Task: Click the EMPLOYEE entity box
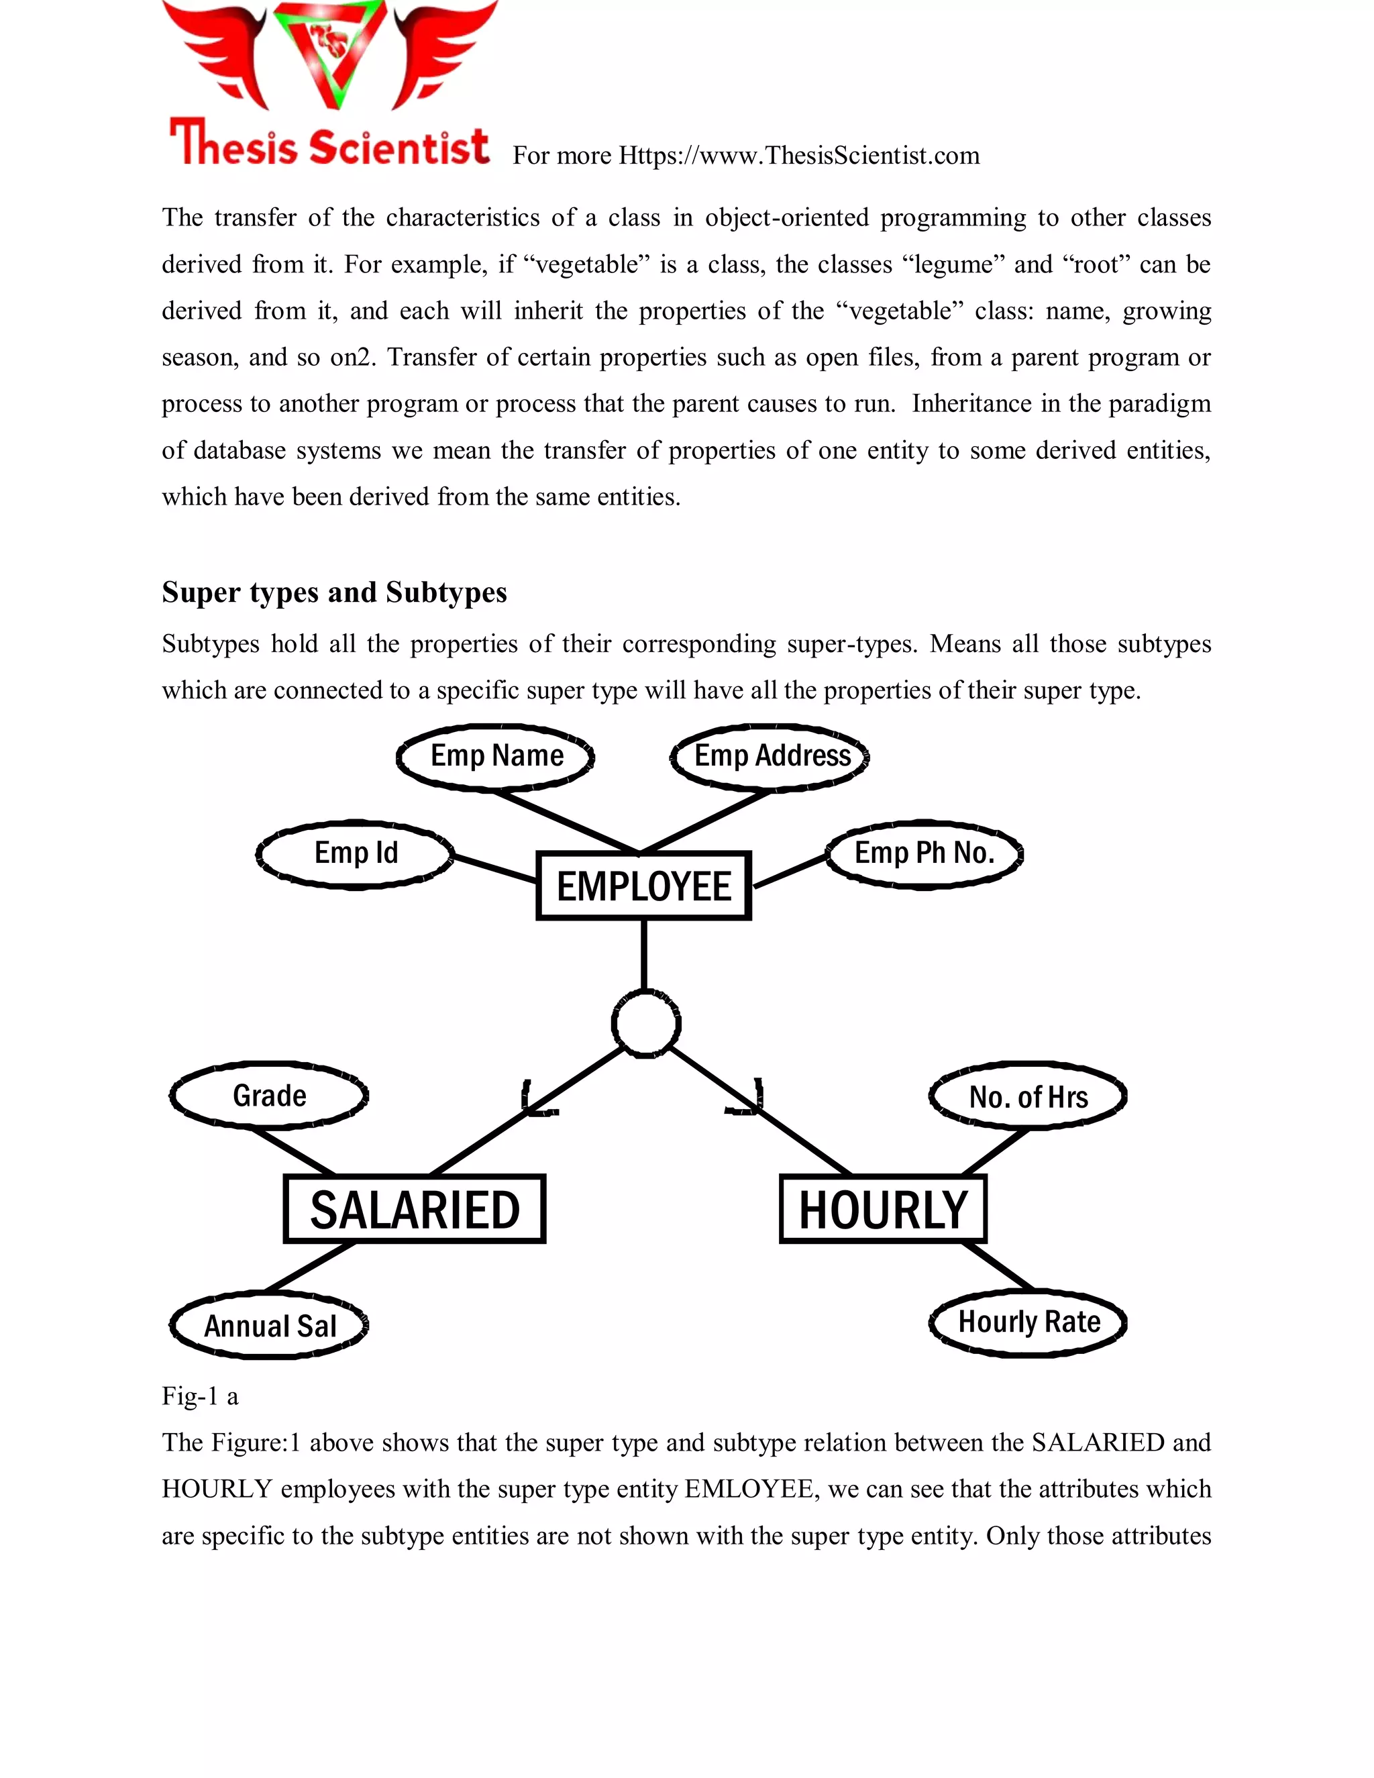[x=643, y=886]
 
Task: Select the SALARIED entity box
[x=415, y=1209]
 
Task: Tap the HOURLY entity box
[x=882, y=1209]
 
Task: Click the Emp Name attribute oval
[x=496, y=756]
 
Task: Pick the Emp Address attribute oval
[x=771, y=756]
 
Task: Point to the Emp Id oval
[x=356, y=853]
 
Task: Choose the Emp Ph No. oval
[x=924, y=853]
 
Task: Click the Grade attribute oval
[x=270, y=1096]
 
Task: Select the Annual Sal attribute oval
[x=270, y=1326]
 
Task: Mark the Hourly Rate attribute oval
[x=1028, y=1322]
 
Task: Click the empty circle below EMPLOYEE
[x=645, y=1024]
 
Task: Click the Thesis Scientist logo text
[x=329, y=144]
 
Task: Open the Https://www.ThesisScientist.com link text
[x=798, y=156]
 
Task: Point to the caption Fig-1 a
[x=199, y=1396]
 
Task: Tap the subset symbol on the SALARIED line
[x=537, y=1098]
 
